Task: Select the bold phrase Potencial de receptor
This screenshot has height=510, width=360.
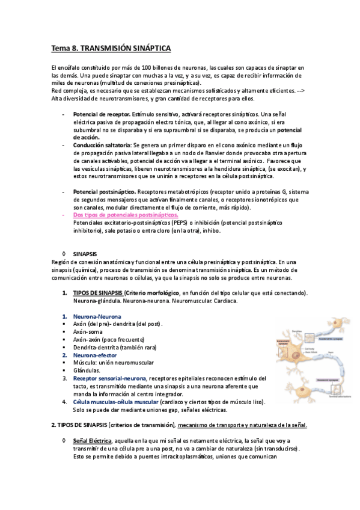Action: [97, 114]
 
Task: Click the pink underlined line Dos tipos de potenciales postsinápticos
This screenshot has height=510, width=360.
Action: [125, 215]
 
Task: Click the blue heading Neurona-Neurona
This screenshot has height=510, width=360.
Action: [97, 316]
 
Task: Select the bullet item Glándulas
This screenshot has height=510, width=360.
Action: [88, 370]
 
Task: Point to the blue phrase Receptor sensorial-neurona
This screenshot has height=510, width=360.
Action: [114, 378]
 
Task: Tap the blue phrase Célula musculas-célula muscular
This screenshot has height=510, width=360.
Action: [116, 402]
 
